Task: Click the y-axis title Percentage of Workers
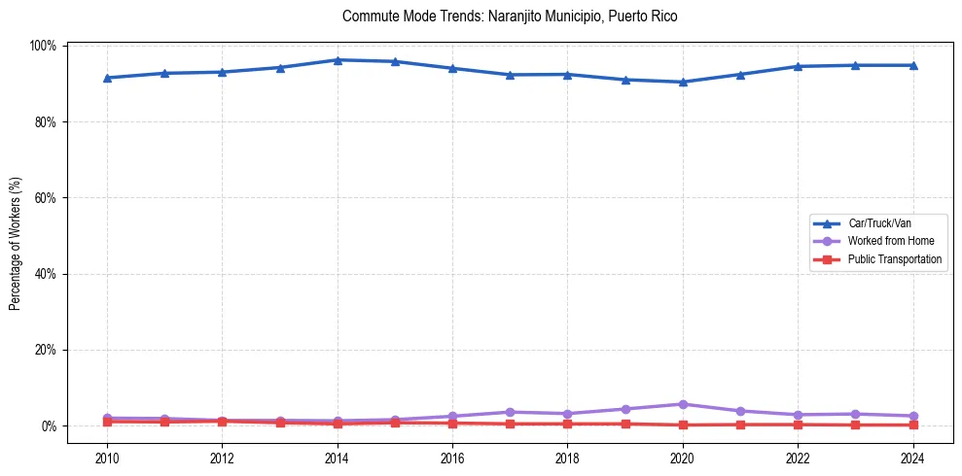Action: pyautogui.click(x=16, y=236)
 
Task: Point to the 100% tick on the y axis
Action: pyautogui.click(x=45, y=46)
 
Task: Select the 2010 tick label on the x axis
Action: pyautogui.click(x=107, y=458)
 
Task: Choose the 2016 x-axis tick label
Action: pyautogui.click(x=452, y=458)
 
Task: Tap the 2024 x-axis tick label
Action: pyautogui.click(x=912, y=458)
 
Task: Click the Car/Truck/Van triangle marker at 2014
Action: pyautogui.click(x=338, y=60)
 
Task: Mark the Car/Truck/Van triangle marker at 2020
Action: pyautogui.click(x=683, y=82)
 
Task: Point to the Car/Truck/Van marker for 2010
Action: pyautogui.click(x=107, y=78)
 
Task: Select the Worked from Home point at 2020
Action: pyautogui.click(x=683, y=404)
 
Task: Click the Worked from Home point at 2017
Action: pyautogui.click(x=510, y=412)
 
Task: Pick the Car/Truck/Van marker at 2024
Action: pyautogui.click(x=912, y=65)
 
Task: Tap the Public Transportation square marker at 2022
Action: pyautogui.click(x=798, y=425)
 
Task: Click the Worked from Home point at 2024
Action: pyautogui.click(x=912, y=416)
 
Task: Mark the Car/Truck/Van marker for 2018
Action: pyautogui.click(x=567, y=74)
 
